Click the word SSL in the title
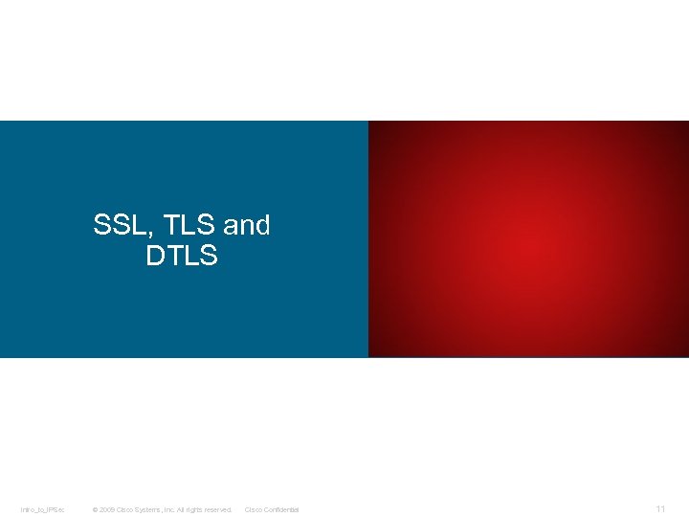coord(114,226)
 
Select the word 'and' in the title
coord(247,226)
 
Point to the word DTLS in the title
coord(182,257)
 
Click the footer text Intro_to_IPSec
coord(41,509)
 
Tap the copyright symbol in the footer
coord(95,509)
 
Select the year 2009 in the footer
coord(107,509)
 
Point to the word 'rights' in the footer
coord(200,509)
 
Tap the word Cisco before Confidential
coord(254,509)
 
